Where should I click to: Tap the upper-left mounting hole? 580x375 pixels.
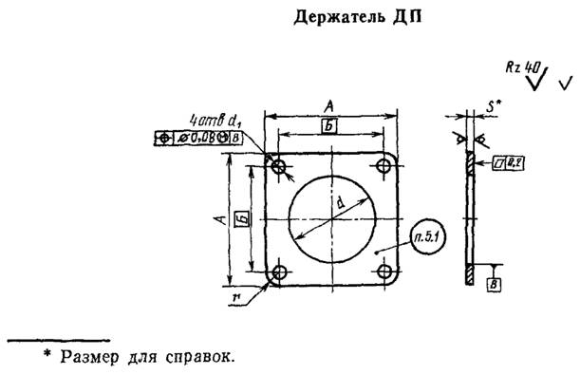click(277, 167)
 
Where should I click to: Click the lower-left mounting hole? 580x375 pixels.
click(277, 274)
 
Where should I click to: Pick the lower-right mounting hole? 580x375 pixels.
click(384, 274)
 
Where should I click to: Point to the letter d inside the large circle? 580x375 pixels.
click(339, 201)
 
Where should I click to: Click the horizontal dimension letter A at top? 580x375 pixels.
click(327, 105)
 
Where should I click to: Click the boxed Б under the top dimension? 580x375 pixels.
click(328, 126)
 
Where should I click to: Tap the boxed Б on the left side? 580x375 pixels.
click(241, 221)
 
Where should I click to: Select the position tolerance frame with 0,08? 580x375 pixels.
click(197, 139)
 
